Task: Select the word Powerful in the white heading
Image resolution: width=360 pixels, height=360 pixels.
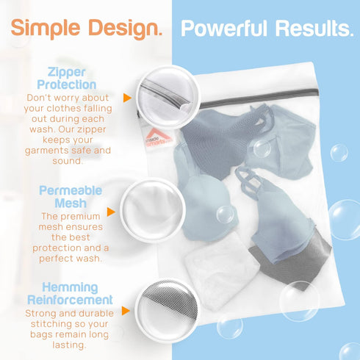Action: [223, 29]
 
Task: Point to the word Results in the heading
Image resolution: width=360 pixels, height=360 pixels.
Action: [314, 29]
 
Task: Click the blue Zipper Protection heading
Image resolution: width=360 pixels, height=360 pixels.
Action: [67, 79]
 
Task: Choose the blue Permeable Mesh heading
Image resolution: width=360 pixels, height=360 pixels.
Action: [71, 197]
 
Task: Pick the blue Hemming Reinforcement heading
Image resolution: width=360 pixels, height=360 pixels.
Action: [70, 293]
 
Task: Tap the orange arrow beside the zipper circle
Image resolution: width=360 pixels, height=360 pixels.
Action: [127, 98]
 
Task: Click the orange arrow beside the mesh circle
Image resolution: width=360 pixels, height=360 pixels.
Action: [111, 212]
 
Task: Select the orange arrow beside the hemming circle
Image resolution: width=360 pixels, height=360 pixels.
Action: [126, 311]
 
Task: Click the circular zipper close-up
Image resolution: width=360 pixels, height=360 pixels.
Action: [168, 98]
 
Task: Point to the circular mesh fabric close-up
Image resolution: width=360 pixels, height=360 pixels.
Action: [153, 211]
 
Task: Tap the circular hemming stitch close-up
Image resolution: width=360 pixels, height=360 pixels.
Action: [168, 312]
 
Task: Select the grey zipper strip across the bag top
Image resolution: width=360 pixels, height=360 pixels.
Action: [259, 98]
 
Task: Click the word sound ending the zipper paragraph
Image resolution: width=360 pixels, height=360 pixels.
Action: [67, 161]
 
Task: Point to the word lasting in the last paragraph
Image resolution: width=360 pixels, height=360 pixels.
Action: [69, 345]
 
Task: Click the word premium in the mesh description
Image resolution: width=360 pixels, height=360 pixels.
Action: [80, 217]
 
